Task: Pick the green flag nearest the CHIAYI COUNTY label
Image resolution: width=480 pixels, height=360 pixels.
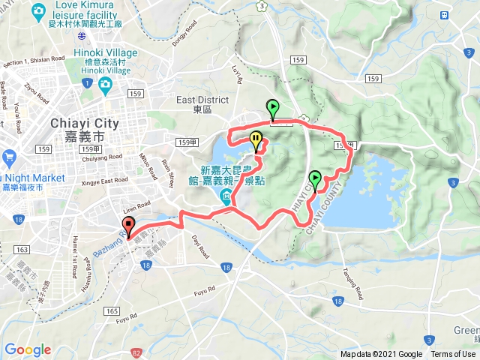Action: click(316, 179)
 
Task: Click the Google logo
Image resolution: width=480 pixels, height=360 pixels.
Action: click(28, 349)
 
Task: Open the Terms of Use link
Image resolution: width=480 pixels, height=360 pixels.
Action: click(453, 355)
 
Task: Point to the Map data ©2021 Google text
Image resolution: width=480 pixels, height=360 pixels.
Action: click(381, 355)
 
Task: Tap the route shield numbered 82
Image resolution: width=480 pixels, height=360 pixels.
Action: click(134, 352)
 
